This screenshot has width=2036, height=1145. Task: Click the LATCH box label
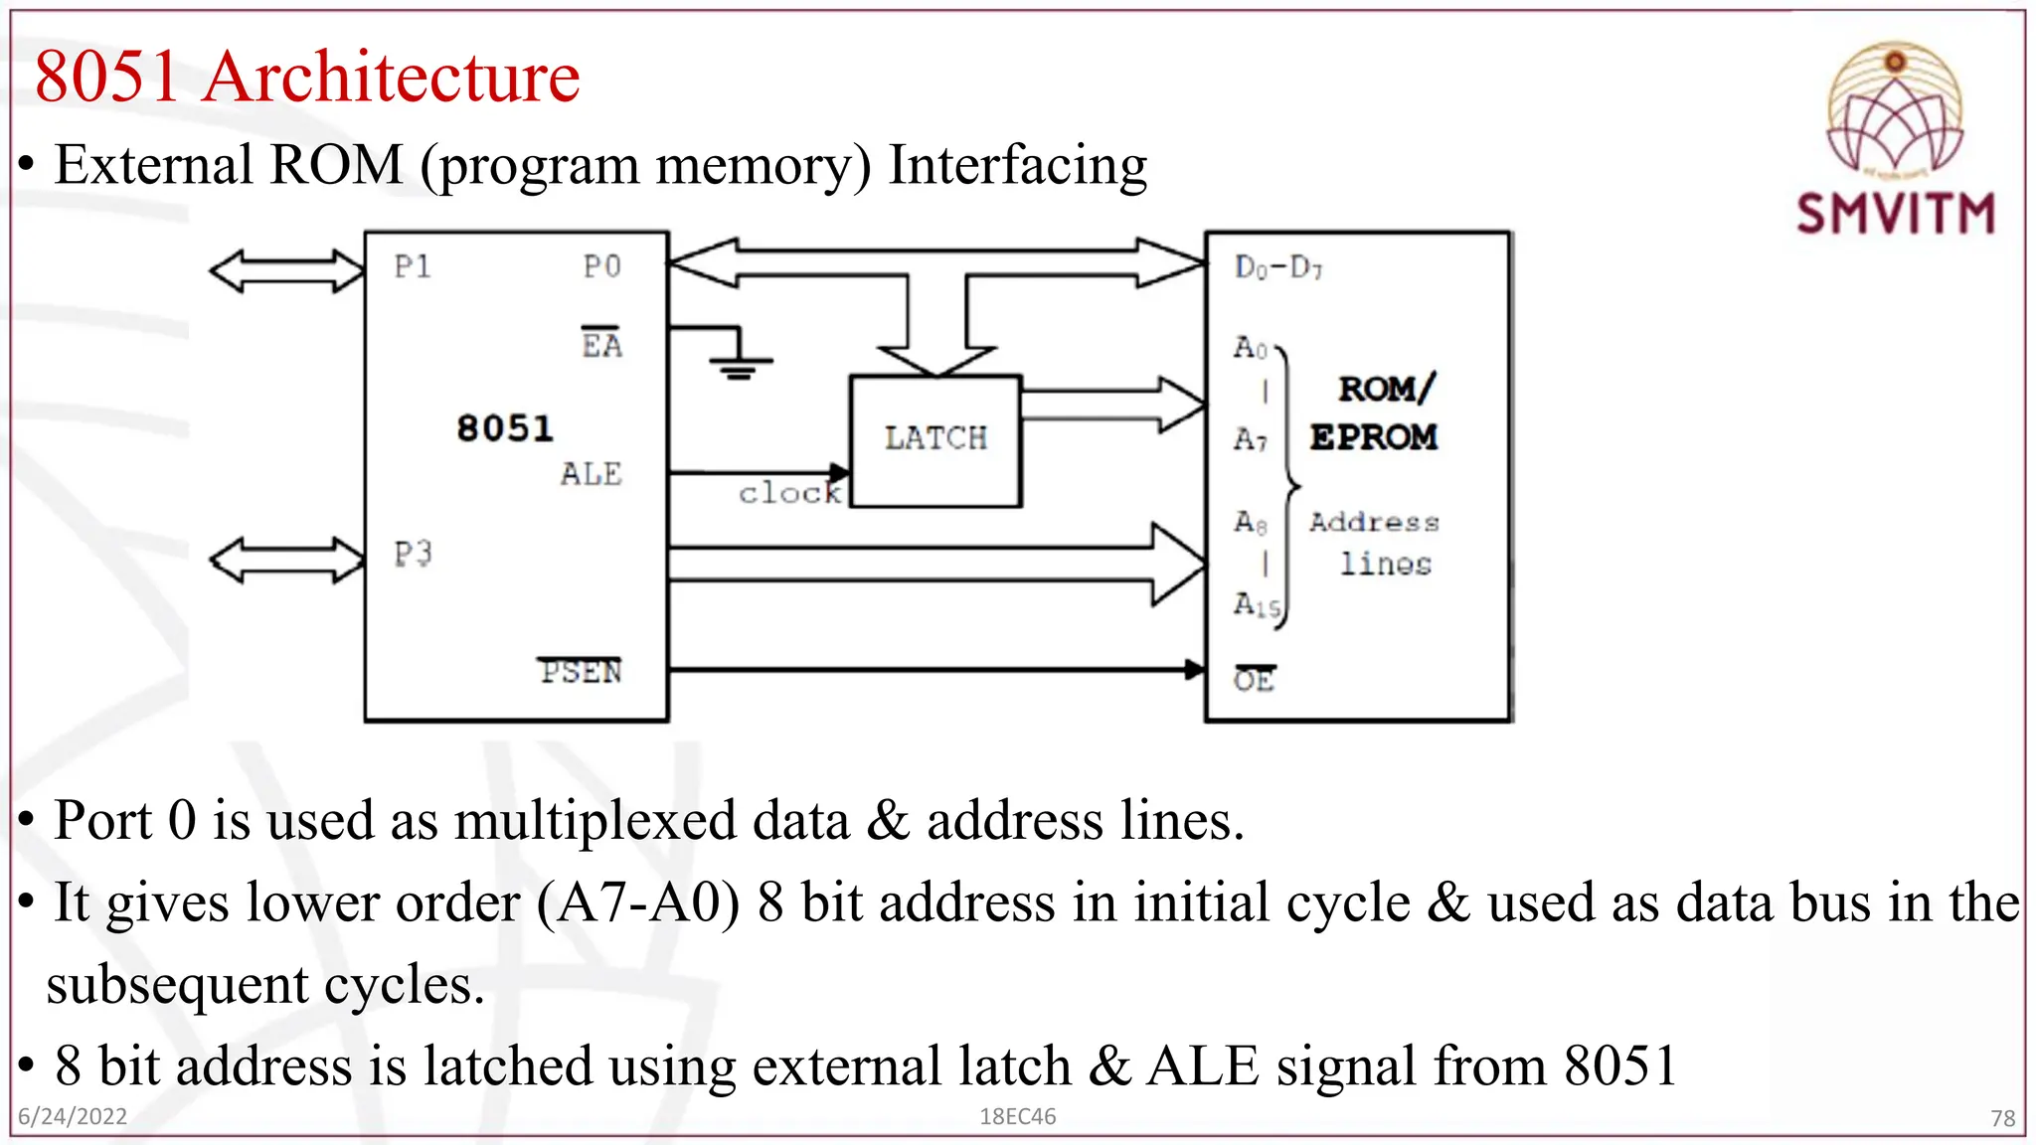pyautogui.click(x=935, y=438)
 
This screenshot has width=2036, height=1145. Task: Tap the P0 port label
pyautogui.click(x=602, y=266)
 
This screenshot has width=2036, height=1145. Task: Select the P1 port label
pyautogui.click(x=413, y=266)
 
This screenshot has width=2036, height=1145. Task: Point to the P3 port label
pyautogui.click(x=413, y=554)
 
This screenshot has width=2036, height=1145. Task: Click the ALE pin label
pyautogui.click(x=592, y=474)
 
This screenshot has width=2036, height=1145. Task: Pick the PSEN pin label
pyautogui.click(x=582, y=672)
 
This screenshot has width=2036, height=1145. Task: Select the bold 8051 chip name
pyautogui.click(x=504, y=428)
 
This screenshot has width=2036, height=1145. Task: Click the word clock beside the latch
pyautogui.click(x=789, y=493)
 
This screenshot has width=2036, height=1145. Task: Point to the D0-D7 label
pyautogui.click(x=1278, y=267)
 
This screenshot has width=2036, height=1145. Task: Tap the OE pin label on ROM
pyautogui.click(x=1254, y=680)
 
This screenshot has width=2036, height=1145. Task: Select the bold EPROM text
pyautogui.click(x=1373, y=437)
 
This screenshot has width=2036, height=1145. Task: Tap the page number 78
pyautogui.click(x=2002, y=1118)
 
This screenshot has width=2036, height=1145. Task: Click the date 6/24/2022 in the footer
pyautogui.click(x=73, y=1116)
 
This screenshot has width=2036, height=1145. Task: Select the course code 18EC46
pyautogui.click(x=1017, y=1116)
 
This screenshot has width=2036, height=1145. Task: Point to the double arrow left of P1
pyautogui.click(x=287, y=271)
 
